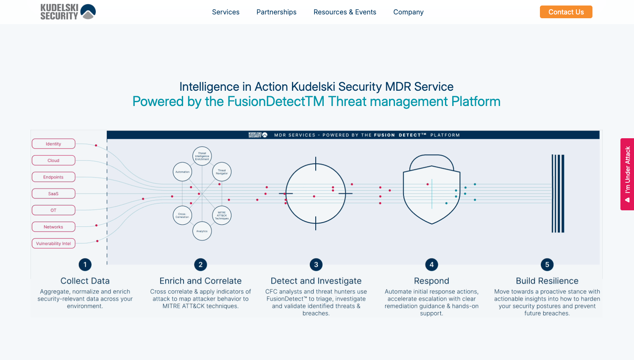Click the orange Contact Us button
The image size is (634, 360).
point(566,12)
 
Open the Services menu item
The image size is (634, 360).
point(225,12)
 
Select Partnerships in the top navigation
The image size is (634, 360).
point(276,12)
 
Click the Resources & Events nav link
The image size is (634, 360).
point(345,12)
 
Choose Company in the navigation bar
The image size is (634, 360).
point(408,12)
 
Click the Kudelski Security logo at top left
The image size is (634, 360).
point(68,12)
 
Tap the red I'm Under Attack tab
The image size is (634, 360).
point(627,174)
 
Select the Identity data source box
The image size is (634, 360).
point(53,144)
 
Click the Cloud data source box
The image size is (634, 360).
point(53,160)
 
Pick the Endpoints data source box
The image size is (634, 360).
point(53,177)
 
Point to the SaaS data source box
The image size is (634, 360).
point(53,194)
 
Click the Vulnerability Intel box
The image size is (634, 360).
point(53,243)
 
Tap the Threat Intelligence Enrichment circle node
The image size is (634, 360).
point(202,156)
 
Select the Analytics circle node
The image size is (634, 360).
point(202,231)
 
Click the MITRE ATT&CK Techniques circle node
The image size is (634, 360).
point(222,215)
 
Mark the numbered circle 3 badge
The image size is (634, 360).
point(316,265)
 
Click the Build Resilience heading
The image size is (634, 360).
point(547,281)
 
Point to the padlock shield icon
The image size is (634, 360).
point(431,190)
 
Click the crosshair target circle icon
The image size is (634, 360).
point(316,194)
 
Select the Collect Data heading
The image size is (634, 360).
point(85,281)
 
